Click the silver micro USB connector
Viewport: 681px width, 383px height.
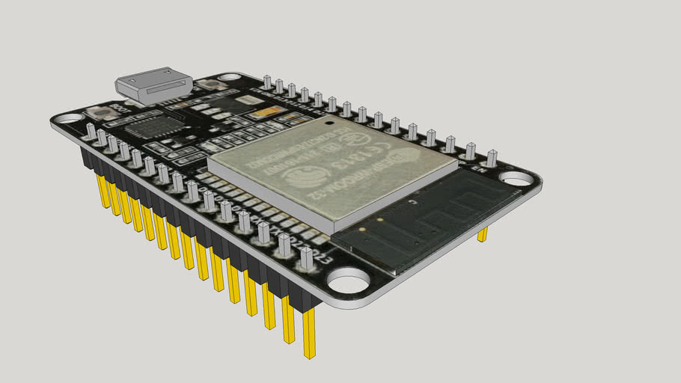(154, 84)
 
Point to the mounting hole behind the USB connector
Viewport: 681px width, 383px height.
(227, 77)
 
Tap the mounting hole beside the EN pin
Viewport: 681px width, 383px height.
(516, 179)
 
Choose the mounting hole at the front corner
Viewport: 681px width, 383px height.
(348, 283)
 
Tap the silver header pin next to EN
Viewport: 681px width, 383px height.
(491, 158)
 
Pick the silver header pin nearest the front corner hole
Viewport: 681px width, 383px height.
(306, 258)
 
